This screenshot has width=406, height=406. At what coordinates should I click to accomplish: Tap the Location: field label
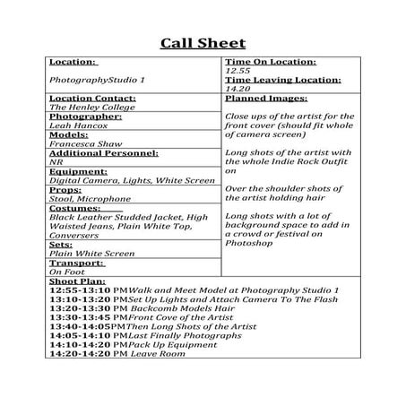click(73, 62)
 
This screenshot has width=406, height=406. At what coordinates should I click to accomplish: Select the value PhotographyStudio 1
click(97, 79)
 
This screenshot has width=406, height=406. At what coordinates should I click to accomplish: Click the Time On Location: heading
click(271, 61)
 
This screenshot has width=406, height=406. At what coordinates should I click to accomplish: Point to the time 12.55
click(238, 70)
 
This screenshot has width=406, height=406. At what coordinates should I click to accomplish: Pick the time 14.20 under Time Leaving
click(238, 88)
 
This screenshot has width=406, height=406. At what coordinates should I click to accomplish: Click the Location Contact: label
click(93, 97)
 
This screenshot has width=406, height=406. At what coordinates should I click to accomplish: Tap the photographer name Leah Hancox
click(79, 125)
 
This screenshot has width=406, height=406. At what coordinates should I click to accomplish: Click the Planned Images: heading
click(263, 98)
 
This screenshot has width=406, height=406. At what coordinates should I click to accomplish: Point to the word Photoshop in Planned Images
click(253, 243)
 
